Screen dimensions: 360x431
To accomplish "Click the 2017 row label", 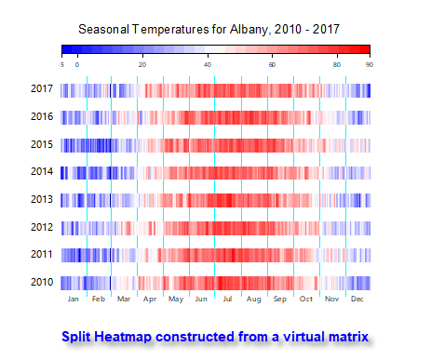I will click(40, 90).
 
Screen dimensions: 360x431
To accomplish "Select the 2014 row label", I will click(40, 173).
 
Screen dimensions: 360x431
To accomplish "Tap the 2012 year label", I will click(40, 228).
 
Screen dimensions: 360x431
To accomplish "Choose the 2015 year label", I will click(40, 145).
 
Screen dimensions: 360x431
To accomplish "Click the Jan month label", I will click(74, 300).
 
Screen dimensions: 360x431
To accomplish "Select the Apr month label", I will click(151, 300).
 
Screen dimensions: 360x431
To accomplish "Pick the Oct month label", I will click(306, 300).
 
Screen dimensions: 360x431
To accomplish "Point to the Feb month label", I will click(99, 300).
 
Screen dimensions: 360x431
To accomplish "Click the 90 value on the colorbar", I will click(370, 64).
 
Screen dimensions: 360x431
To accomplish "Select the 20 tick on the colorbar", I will click(142, 64).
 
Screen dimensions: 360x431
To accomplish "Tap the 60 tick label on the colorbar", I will click(272, 64).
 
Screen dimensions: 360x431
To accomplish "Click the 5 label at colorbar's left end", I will click(61, 64).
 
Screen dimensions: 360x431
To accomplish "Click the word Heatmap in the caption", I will click(124, 335).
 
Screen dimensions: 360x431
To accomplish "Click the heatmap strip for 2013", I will click(216, 200).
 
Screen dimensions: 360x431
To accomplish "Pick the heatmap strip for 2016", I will click(216, 118).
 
